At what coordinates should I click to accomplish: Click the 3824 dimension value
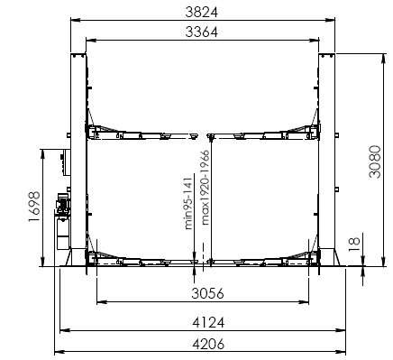pos(201,13)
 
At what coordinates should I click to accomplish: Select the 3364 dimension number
pos(201,32)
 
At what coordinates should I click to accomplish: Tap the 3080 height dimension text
pos(375,162)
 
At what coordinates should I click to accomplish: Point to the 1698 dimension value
pos(34,207)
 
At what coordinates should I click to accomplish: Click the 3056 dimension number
pos(208,293)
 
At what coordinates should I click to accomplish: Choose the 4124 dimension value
pos(208,322)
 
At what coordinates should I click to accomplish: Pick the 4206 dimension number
pos(208,344)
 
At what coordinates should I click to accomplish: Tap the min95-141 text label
pos(188,203)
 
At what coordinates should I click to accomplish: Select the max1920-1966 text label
pos(206,188)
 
